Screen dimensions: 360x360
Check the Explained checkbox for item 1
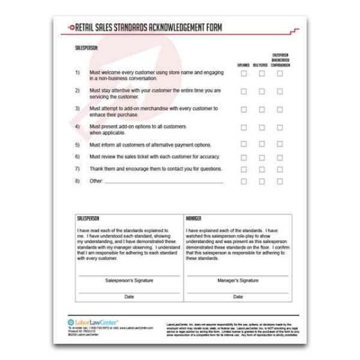(244, 74)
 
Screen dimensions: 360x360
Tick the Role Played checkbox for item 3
(262, 109)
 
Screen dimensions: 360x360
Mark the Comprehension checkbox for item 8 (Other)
(280, 181)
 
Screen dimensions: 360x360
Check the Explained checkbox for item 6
(244, 157)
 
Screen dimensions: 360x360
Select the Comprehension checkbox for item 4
(280, 127)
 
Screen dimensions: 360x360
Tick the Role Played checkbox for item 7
(262, 169)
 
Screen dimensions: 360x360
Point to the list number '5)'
(77, 145)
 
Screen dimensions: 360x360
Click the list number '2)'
(77, 91)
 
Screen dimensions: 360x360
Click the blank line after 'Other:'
(164, 182)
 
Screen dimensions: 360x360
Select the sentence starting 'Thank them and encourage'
(156, 169)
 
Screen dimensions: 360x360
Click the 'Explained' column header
(244, 65)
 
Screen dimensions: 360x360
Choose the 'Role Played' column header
(262, 65)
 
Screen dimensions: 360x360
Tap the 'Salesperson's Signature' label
(127, 281)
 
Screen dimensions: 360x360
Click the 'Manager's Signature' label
(238, 281)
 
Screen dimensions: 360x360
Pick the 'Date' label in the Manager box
(238, 296)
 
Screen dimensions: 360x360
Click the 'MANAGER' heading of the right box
(194, 219)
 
